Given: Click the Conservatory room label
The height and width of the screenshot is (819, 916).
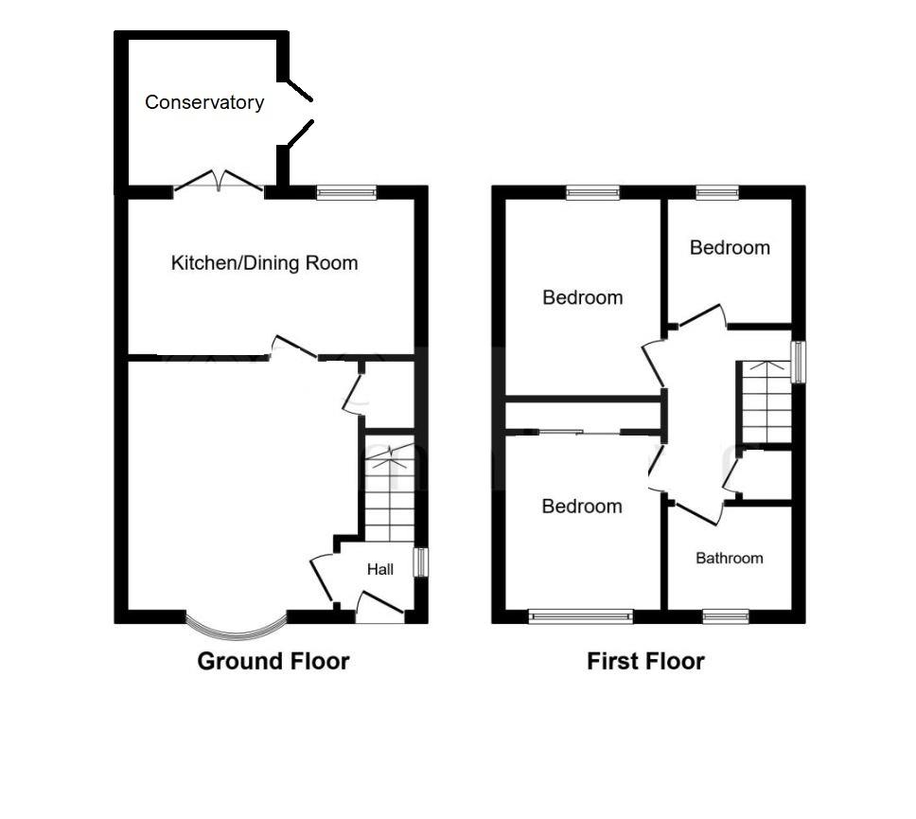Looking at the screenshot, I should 203,102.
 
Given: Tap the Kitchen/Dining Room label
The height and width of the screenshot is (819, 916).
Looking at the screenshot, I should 264,262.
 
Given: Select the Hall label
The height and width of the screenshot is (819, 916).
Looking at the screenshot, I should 380,569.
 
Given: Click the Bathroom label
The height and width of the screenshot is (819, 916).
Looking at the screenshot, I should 729,558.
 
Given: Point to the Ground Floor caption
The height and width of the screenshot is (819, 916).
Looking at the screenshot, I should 273,661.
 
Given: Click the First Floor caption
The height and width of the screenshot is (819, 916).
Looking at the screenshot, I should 645,661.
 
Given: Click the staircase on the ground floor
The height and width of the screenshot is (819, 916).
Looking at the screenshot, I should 389,492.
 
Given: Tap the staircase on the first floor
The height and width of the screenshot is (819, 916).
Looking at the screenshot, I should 766,401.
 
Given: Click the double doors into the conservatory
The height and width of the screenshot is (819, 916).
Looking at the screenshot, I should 219,182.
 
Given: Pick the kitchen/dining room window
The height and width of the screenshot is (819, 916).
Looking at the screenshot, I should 346,193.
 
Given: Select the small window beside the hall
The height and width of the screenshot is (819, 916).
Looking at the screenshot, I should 422,561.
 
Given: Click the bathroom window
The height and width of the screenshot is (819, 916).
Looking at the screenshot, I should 726,616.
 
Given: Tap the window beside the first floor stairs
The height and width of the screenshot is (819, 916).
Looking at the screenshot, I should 799,362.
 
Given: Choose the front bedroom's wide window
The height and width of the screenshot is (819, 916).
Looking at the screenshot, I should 581,616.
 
